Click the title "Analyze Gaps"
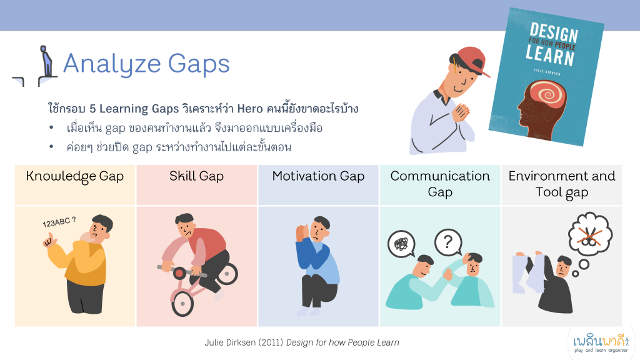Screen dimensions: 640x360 click(146, 64)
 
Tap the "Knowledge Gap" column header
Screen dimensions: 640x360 click(75, 176)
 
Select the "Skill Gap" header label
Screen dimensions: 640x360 click(197, 176)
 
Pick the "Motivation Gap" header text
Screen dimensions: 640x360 click(318, 176)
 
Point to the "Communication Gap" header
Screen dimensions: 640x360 click(440, 184)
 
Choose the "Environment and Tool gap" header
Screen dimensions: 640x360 click(562, 184)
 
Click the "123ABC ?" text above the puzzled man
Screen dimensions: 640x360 click(59, 222)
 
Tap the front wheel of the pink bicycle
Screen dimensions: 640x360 click(182, 304)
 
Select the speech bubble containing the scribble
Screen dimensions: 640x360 click(402, 244)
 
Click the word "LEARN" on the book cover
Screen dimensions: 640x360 click(550, 55)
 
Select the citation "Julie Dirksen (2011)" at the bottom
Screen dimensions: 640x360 click(244, 342)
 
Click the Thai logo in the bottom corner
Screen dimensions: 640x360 click(601, 343)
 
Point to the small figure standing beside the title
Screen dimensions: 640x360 click(46, 61)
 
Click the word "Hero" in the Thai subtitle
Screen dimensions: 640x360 click(250, 109)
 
